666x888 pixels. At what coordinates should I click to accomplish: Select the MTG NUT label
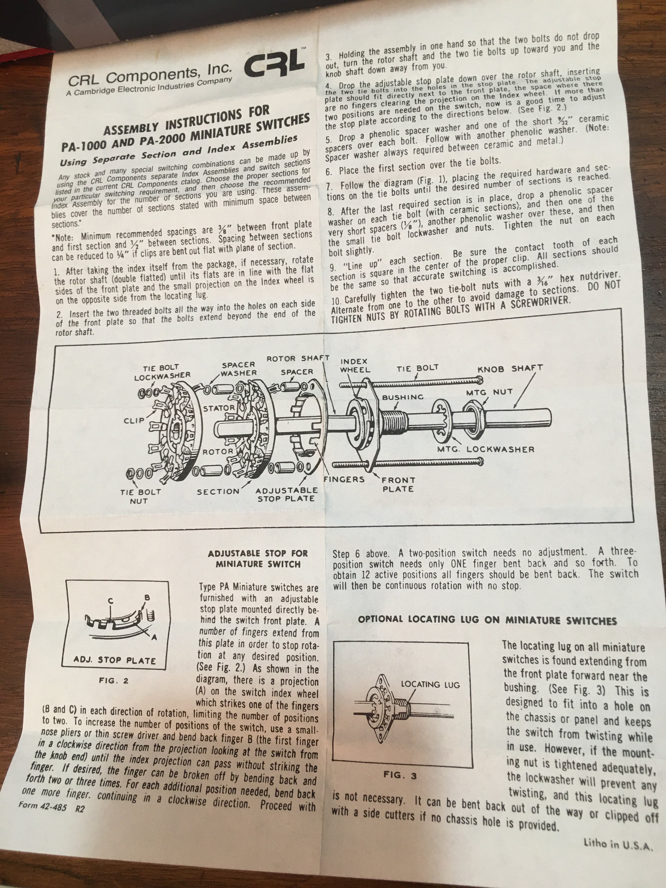pos(489,392)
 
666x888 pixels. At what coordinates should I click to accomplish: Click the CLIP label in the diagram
pos(134,421)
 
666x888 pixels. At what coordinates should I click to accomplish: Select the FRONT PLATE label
pos(398,485)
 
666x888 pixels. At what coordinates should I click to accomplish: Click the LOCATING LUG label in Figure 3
pos(430,684)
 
